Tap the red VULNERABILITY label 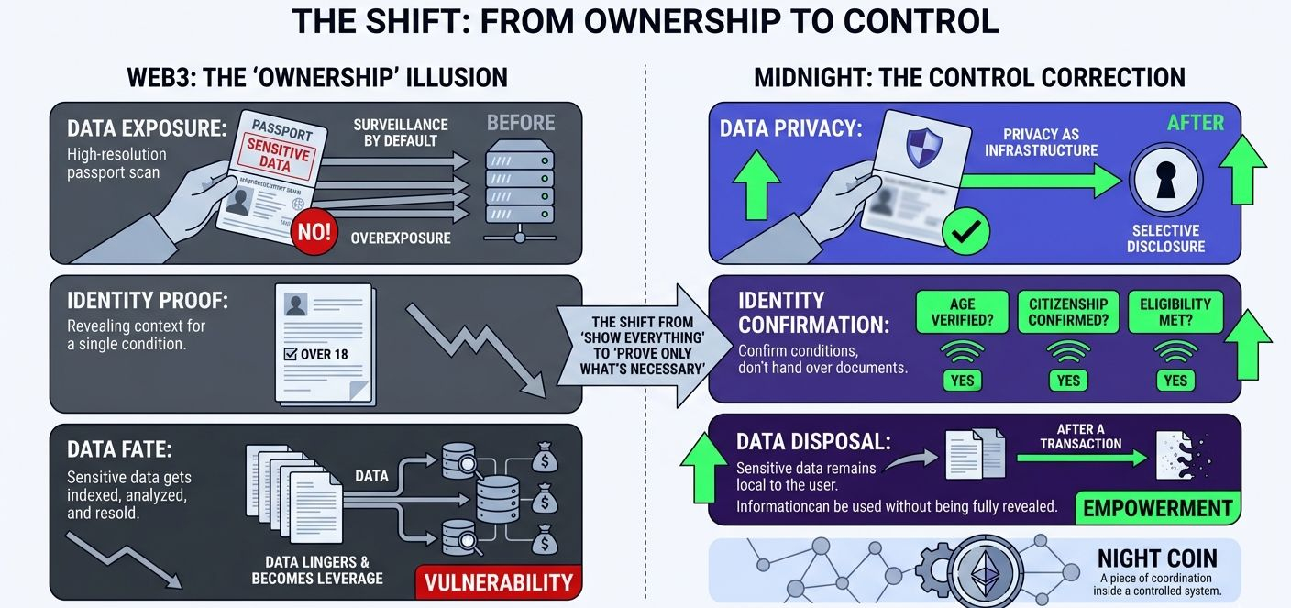[x=499, y=581]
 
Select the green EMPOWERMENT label [x=1158, y=507]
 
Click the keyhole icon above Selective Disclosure [x=1164, y=182]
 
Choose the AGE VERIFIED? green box [x=962, y=312]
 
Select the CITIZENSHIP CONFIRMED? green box [x=1067, y=312]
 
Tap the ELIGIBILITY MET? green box [x=1175, y=312]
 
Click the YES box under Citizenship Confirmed [x=1068, y=380]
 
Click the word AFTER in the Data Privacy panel [x=1195, y=122]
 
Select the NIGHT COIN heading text [x=1157, y=558]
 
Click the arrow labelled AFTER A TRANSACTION [x=1082, y=455]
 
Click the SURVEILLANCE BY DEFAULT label [x=401, y=131]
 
